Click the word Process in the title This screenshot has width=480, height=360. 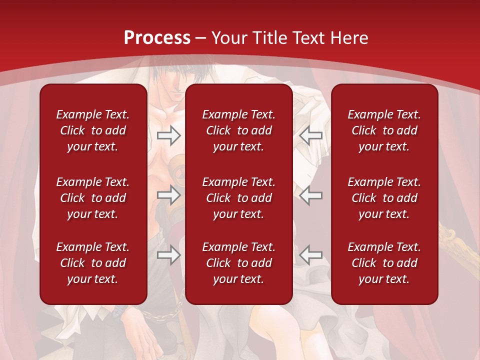coord(157,37)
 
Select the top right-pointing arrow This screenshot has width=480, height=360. coord(168,135)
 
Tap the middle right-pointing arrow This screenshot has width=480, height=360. coord(168,195)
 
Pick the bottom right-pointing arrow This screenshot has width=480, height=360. coord(168,255)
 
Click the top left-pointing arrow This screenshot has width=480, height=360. coord(311,135)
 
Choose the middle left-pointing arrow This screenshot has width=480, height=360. coord(311,195)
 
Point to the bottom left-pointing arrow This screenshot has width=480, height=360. coord(311,255)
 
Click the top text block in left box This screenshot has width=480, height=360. coord(93,130)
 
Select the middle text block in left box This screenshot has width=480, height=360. coord(93,198)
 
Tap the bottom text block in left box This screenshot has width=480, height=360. coord(93,263)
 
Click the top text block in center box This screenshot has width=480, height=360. coord(238,130)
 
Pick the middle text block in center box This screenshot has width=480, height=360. coord(238,198)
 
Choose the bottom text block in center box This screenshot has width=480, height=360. coord(238,263)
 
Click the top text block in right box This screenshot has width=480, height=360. coord(384,130)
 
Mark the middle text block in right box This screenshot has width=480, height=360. coord(384,198)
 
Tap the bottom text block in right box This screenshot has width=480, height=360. coord(384,263)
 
